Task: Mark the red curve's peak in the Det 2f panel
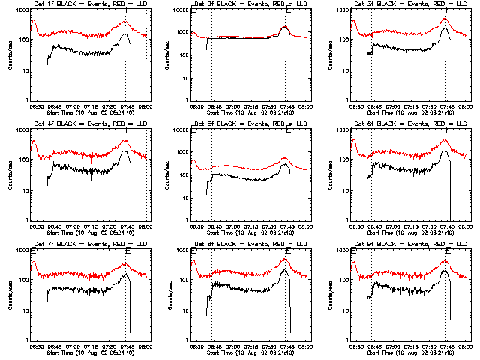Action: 285,26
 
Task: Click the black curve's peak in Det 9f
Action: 445,270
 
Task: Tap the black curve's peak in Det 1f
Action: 124,34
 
